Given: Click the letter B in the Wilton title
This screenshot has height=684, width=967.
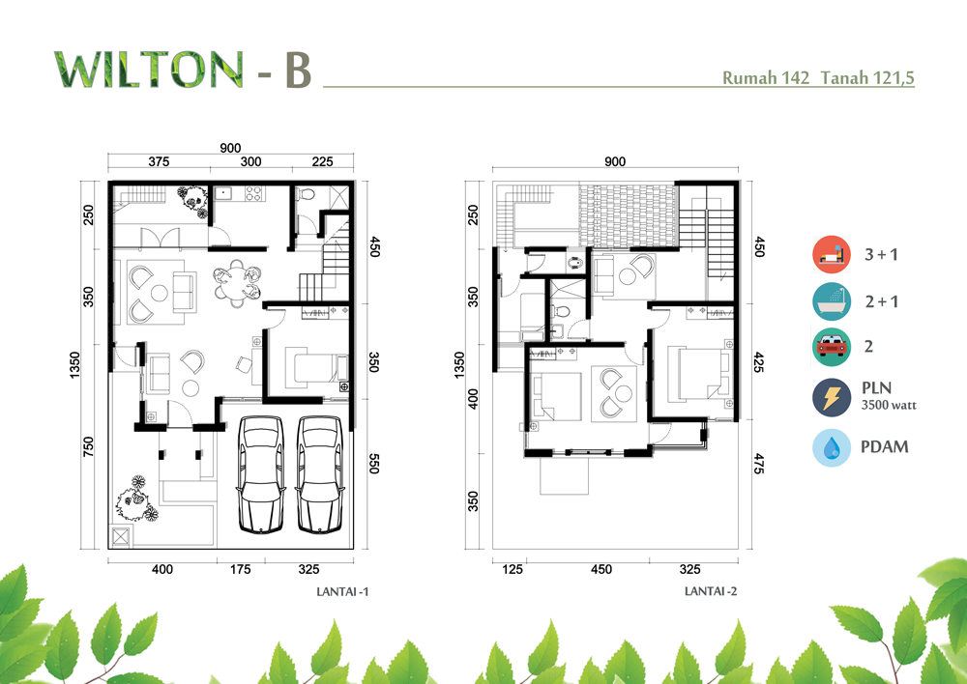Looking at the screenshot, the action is (x=299, y=71).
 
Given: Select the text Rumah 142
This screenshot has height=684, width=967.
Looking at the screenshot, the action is (x=765, y=78).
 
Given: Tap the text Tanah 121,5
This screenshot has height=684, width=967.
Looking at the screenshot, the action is (x=867, y=78).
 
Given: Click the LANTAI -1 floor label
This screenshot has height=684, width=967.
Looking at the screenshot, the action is (x=342, y=591).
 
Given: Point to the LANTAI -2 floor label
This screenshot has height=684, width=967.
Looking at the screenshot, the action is (x=711, y=591).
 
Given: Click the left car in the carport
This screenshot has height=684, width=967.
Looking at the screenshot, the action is (x=261, y=474).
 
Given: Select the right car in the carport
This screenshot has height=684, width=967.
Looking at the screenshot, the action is (x=319, y=474).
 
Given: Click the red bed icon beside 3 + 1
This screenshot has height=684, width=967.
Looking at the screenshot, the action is (x=832, y=254).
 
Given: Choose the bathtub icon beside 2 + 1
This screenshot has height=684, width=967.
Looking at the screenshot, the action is (x=832, y=301).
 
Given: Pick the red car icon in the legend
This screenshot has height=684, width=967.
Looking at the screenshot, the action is (x=832, y=347).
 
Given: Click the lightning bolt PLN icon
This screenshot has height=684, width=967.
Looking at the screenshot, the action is (x=832, y=397).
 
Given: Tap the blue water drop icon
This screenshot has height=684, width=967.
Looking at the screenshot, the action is (x=832, y=447).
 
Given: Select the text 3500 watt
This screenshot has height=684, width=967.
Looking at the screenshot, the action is (x=889, y=406).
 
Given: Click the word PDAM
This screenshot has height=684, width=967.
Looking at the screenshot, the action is (x=885, y=446).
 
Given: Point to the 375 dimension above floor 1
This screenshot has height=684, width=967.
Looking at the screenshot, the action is (x=159, y=161).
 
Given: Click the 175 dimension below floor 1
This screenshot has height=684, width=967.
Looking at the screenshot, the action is (x=241, y=569).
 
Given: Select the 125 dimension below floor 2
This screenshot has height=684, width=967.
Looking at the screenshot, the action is (x=513, y=569).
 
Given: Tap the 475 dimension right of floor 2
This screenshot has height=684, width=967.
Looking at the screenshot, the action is (x=759, y=464).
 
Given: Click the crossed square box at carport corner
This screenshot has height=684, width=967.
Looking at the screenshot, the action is (x=121, y=537).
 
